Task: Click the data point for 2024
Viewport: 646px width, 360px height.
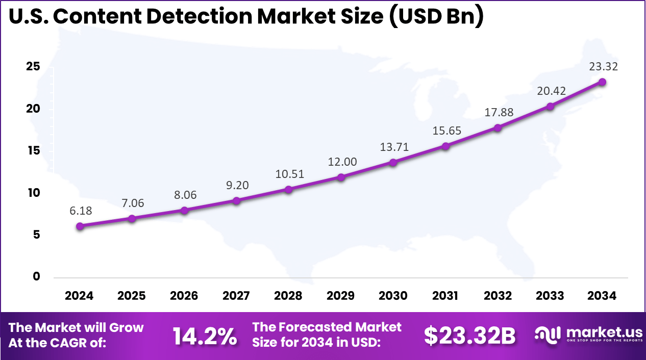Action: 80,226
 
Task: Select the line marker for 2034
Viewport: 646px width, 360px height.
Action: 602,82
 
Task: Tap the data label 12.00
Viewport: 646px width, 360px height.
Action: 342,162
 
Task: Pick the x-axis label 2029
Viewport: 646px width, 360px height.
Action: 341,296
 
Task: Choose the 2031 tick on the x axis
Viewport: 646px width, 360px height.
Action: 445,296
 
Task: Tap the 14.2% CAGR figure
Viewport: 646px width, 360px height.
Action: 205,336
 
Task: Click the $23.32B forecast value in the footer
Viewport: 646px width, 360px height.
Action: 470,336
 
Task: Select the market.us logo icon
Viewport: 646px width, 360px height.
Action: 547,334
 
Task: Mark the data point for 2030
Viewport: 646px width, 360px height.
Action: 393,163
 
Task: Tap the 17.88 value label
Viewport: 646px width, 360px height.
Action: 500,112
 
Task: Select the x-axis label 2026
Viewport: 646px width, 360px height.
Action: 184,296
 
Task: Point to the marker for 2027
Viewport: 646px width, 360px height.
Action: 236,200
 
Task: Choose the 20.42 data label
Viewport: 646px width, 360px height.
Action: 551,91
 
